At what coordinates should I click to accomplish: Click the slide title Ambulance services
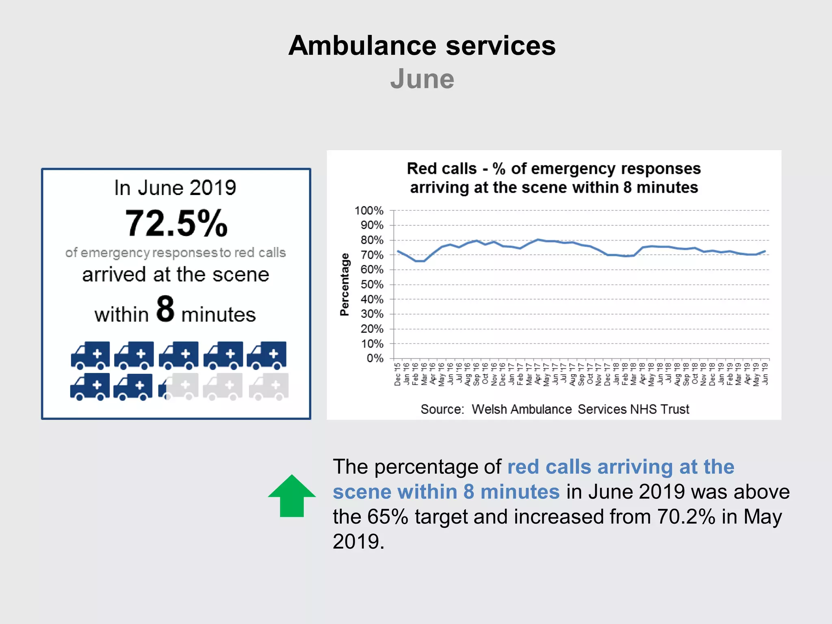(422, 45)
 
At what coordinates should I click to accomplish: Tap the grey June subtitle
(422, 79)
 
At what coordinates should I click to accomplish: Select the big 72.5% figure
(176, 223)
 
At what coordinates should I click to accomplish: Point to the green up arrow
(292, 496)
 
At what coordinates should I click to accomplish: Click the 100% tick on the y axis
(369, 210)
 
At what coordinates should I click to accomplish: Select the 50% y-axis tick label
(372, 284)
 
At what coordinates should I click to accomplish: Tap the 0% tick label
(375, 358)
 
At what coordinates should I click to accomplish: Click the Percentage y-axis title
(344, 284)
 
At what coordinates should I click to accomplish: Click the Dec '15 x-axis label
(397, 374)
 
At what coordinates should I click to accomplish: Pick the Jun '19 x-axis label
(765, 374)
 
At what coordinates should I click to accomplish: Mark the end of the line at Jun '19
(765, 251)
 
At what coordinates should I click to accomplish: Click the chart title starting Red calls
(554, 178)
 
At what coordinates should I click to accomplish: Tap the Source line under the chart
(555, 409)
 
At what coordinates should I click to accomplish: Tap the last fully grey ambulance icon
(269, 386)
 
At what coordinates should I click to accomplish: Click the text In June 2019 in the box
(175, 188)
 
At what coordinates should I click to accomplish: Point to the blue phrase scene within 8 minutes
(446, 492)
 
